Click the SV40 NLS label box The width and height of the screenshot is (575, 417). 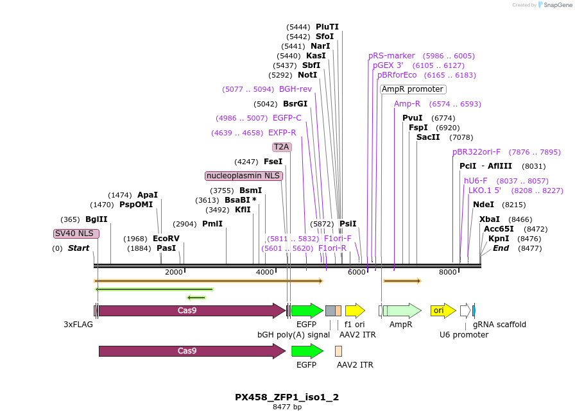[x=76, y=234]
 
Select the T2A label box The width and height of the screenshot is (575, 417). [x=282, y=147]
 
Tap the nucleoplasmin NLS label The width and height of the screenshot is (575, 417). [x=244, y=176]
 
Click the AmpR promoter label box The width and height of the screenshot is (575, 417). [x=413, y=89]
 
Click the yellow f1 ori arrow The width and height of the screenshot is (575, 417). [x=355, y=311]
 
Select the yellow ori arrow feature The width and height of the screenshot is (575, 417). [x=443, y=311]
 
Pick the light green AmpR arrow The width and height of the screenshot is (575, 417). [x=402, y=311]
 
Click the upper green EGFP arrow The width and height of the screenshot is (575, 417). [x=307, y=311]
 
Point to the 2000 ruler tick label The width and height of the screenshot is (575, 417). [x=174, y=273]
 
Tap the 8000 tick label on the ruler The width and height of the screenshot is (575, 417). [x=447, y=273]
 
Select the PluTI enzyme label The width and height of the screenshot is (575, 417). [x=327, y=27]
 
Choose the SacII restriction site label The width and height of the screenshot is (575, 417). [x=428, y=137]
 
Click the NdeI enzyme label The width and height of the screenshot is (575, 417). [x=483, y=205]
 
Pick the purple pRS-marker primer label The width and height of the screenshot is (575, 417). [x=391, y=56]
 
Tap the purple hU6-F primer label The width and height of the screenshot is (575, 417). [x=476, y=181]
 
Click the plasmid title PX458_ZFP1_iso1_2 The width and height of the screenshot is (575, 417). [x=287, y=397]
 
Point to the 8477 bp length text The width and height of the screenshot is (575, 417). [x=287, y=407]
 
